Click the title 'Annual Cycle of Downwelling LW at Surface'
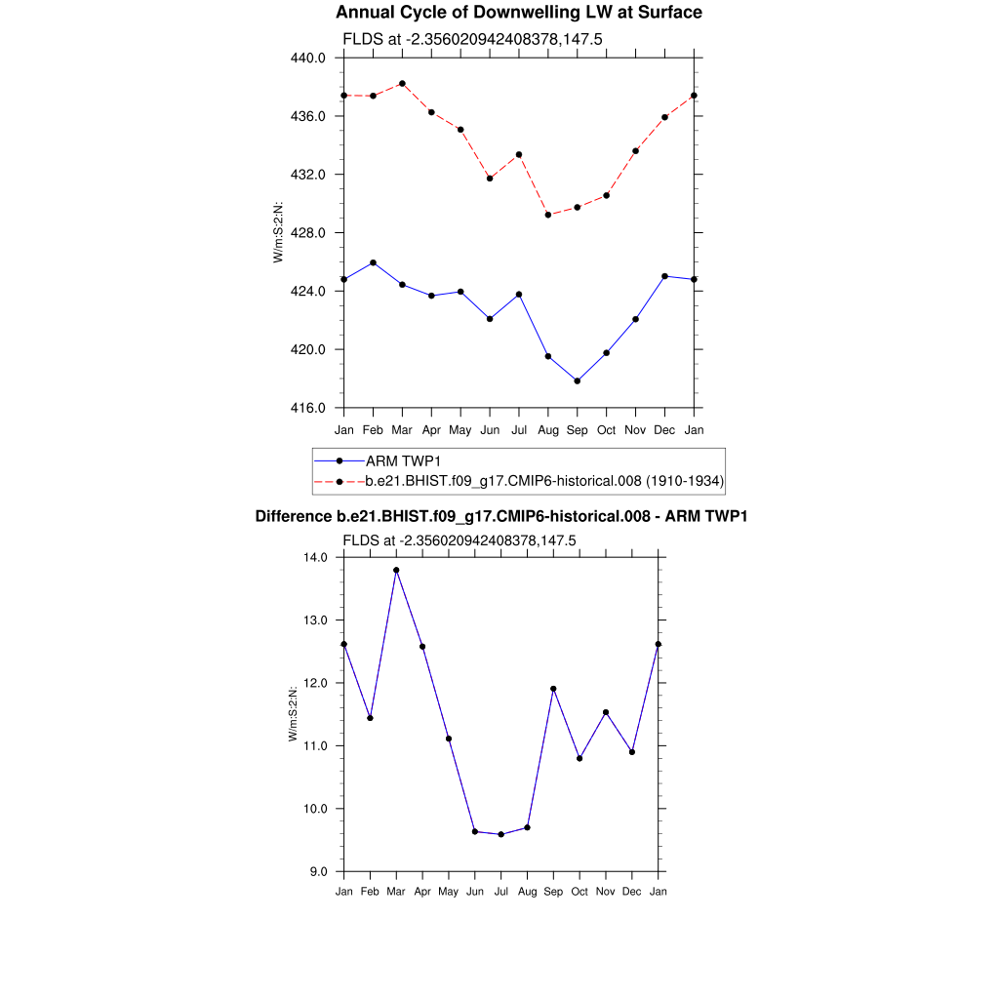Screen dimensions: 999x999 518,13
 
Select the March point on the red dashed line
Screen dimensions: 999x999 402,84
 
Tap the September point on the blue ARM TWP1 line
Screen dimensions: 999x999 578,380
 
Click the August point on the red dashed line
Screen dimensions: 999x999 548,215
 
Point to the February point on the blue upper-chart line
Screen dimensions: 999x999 373,263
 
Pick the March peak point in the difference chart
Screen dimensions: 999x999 396,570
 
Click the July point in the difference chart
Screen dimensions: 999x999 501,834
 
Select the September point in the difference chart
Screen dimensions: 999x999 553,689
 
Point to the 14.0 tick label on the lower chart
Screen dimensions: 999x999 318,557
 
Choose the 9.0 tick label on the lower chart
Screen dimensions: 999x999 321,871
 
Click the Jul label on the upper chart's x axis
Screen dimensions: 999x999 519,429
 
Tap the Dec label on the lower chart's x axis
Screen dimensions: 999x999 632,892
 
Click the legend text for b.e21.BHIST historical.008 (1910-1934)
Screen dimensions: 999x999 543,481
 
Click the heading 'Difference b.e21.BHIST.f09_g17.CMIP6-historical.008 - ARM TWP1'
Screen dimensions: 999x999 500,516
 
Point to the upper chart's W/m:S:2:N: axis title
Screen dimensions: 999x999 278,232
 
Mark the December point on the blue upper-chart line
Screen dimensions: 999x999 664,276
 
